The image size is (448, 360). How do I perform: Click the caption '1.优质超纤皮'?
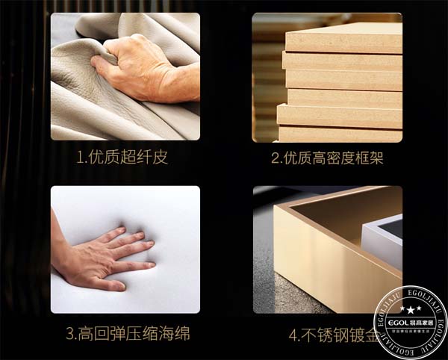click(125, 159)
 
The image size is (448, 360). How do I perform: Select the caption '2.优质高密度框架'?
click(328, 159)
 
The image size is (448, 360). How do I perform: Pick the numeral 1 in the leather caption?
click(79, 159)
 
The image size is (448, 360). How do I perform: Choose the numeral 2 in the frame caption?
click(275, 159)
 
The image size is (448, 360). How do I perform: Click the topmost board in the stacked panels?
click(343, 37)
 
